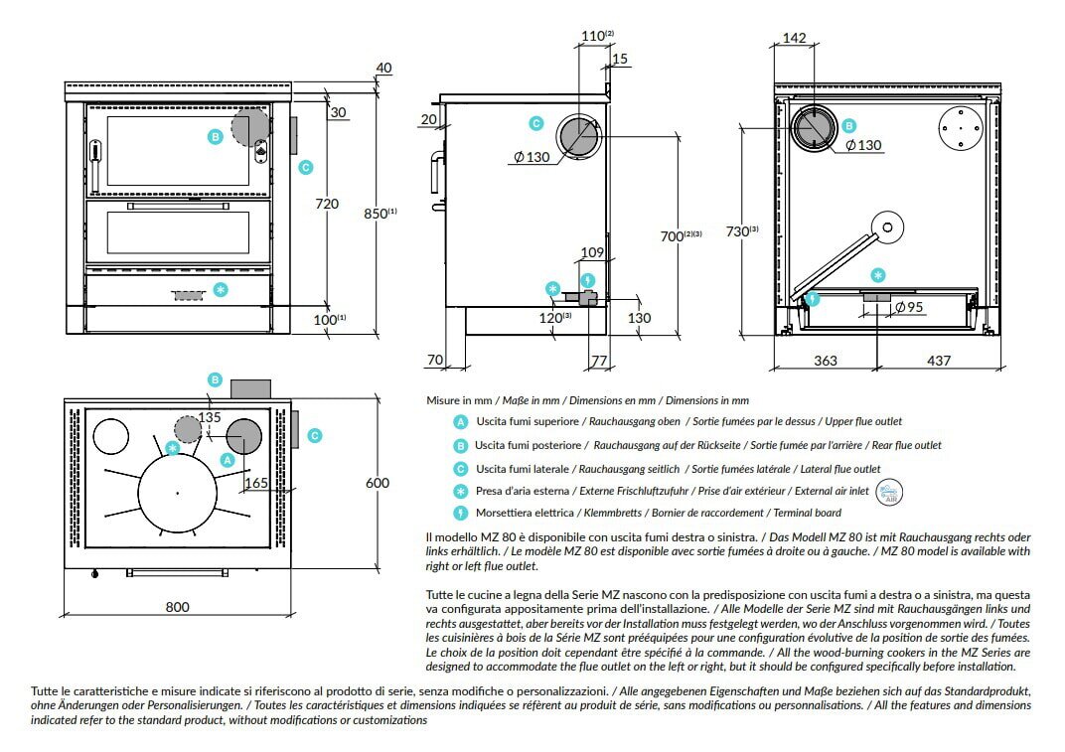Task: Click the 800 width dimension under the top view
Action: (178, 607)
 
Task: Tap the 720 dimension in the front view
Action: (327, 204)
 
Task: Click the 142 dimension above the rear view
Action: (794, 38)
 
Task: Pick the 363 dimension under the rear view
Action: (825, 361)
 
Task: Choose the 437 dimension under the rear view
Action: (939, 361)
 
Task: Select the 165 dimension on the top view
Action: (255, 483)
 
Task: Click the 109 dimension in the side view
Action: (592, 253)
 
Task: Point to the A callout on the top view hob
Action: (227, 460)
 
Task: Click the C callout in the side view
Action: (535, 123)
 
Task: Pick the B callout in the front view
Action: (215, 137)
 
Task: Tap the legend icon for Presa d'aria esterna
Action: (460, 491)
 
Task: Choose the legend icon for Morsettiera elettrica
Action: (460, 513)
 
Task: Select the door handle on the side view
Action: (435, 175)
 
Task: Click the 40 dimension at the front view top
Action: (384, 68)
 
